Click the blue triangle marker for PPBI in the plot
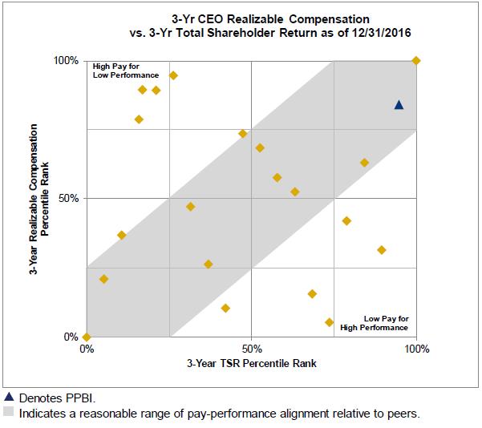399,105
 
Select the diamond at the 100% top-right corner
415,61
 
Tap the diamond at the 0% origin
87,337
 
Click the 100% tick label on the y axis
66,61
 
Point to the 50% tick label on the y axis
68,198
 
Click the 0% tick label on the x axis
87,349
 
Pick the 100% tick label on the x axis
417,349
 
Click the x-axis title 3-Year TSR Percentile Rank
252,363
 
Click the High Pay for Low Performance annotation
125,71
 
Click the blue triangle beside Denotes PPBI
9,397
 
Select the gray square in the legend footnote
9,414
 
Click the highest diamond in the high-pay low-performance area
173,75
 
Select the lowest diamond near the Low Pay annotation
329,322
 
